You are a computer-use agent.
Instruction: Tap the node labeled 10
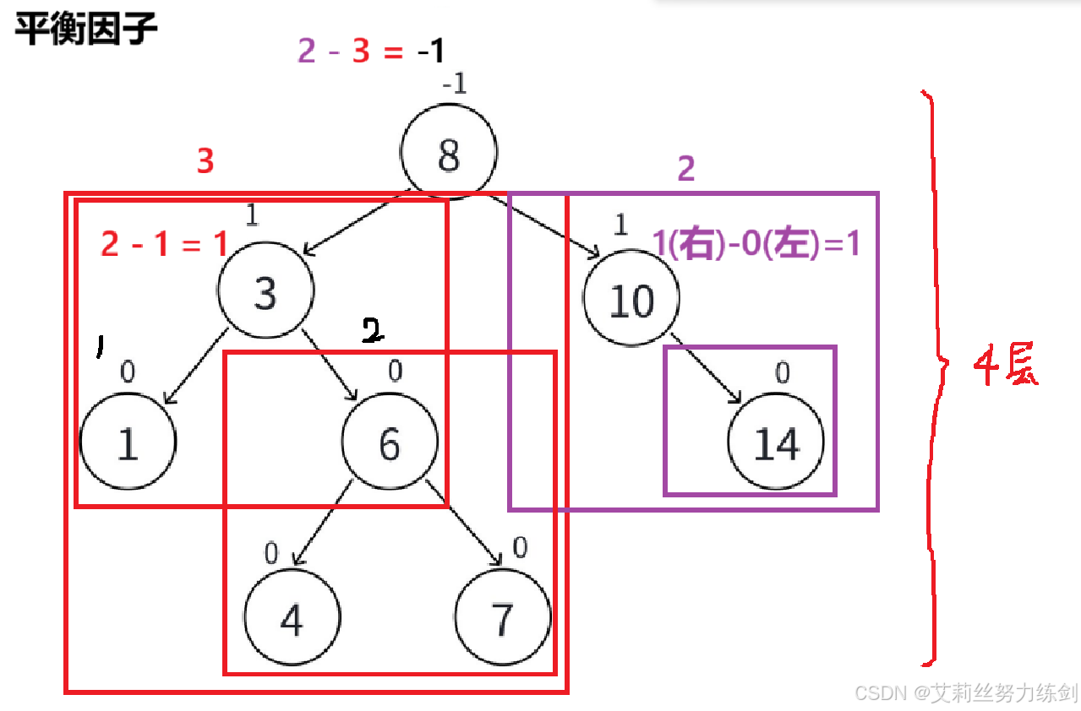(631, 300)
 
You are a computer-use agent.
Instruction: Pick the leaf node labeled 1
(128, 442)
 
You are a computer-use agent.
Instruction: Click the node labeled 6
(390, 442)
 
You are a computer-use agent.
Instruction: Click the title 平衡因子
(85, 30)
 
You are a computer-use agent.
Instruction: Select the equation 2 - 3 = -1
(370, 52)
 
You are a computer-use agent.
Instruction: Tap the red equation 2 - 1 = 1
(165, 244)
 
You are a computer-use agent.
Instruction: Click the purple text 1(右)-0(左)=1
(756, 244)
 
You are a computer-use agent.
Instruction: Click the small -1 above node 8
(454, 84)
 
